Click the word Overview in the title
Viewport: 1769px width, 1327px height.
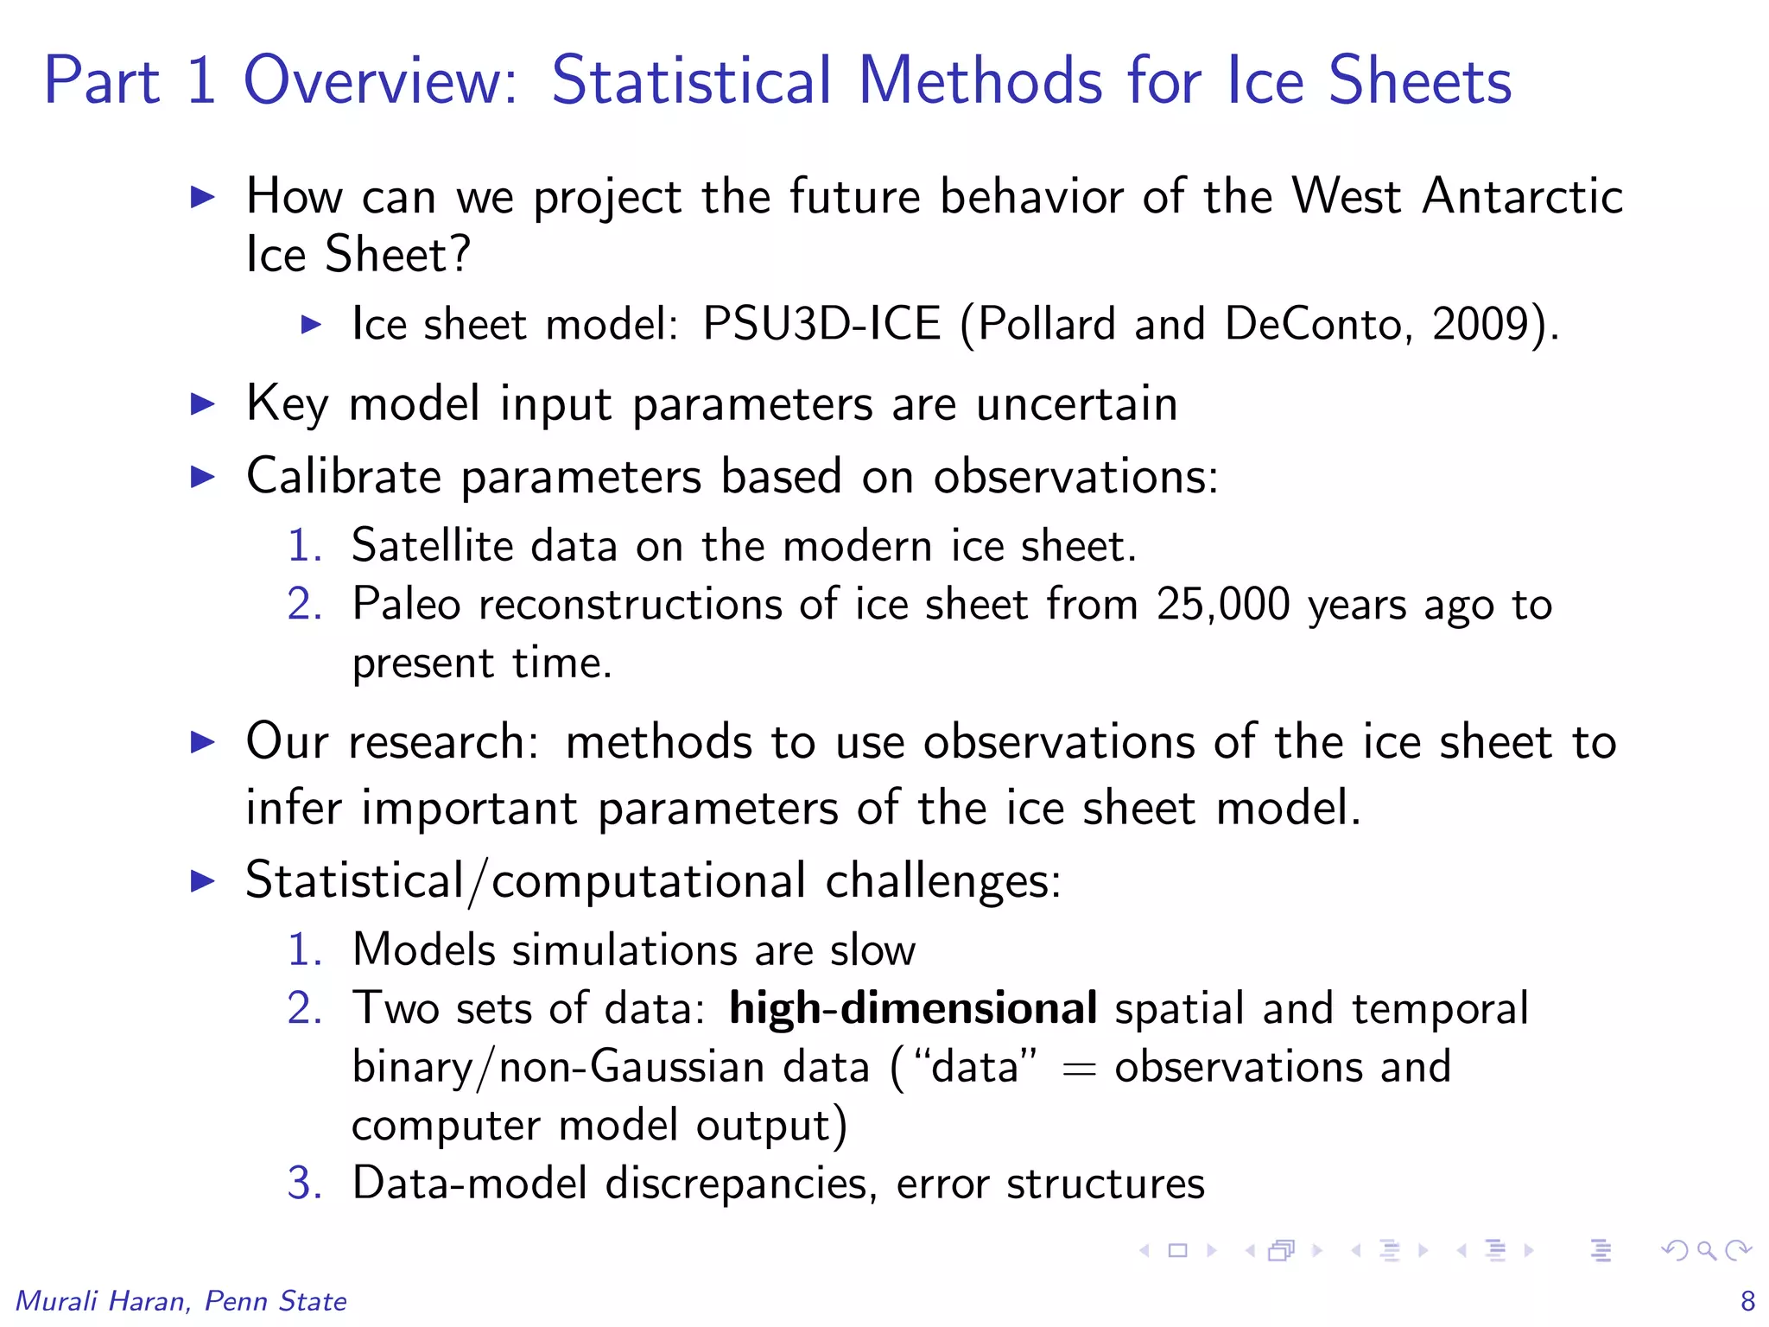click(380, 80)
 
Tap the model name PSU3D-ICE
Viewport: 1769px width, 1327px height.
click(821, 325)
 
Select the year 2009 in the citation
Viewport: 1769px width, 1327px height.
click(1481, 325)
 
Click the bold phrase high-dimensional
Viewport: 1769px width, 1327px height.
click(913, 1009)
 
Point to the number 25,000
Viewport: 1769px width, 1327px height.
click(1223, 604)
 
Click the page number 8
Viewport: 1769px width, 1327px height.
click(1747, 1301)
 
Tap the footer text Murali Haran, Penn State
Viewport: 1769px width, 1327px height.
click(181, 1301)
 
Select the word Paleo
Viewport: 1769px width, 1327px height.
click(406, 604)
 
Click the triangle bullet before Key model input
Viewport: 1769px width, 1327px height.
click(202, 404)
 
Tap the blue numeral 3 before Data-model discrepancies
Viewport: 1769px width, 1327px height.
click(304, 1184)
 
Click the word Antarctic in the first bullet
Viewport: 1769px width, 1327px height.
click(1523, 196)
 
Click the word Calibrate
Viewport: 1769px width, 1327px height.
click(343, 476)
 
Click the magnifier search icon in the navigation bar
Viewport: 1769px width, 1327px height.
click(1706, 1250)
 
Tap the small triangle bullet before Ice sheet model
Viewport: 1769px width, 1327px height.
click(311, 325)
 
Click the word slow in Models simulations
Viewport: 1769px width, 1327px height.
click(872, 950)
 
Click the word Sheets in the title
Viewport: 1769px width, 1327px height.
click(1419, 80)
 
